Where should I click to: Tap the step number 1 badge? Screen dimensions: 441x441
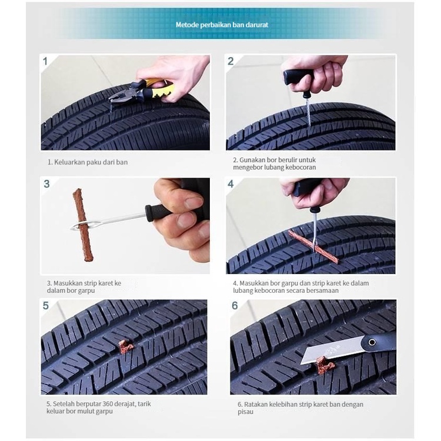tap(45, 61)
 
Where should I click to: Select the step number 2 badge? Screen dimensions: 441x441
tap(230, 61)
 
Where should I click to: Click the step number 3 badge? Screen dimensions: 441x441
tap(46, 184)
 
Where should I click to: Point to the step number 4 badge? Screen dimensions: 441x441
tap(230, 184)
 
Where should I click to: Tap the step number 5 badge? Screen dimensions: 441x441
tap(46, 306)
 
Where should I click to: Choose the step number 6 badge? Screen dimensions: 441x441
tap(235, 306)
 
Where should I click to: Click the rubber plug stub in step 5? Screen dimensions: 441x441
tap(125, 346)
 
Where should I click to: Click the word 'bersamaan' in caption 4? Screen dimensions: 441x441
tap(322, 290)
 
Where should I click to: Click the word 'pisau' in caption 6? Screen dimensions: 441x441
tap(245, 412)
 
